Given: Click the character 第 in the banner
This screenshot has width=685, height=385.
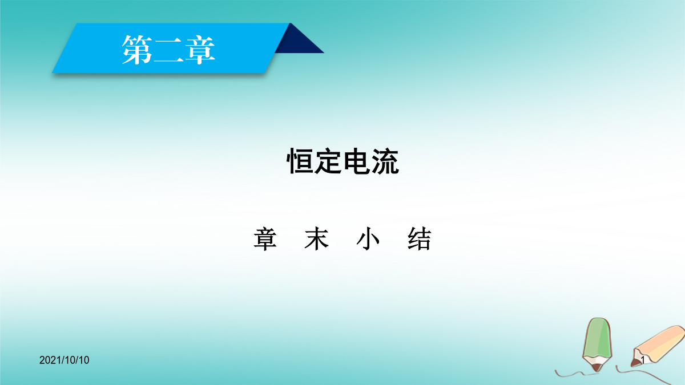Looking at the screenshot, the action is click(x=138, y=50).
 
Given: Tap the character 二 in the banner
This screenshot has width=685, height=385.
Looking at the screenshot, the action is click(x=168, y=50).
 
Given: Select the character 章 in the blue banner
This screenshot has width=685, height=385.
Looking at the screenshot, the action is click(x=200, y=50).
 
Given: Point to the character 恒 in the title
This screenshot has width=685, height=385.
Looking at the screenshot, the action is click(x=300, y=161).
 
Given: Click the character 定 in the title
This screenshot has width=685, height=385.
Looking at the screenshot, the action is click(x=328, y=161).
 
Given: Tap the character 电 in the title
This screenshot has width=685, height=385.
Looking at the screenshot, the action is click(x=357, y=161).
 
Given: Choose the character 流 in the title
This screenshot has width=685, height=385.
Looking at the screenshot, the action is click(x=385, y=161).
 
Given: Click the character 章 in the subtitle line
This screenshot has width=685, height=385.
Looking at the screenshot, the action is click(x=265, y=239).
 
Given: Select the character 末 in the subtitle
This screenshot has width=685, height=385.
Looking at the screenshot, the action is click(x=316, y=239).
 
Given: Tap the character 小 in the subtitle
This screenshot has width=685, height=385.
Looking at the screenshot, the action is click(x=368, y=239).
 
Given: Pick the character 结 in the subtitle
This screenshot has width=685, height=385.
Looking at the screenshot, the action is click(x=419, y=239).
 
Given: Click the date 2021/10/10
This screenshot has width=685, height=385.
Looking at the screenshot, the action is click(x=64, y=360).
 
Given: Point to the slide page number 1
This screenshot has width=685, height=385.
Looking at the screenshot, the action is click(x=643, y=360).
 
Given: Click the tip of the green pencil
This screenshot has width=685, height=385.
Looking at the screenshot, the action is click(x=597, y=370).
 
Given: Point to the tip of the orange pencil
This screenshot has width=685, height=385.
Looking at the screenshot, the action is click(x=632, y=365).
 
